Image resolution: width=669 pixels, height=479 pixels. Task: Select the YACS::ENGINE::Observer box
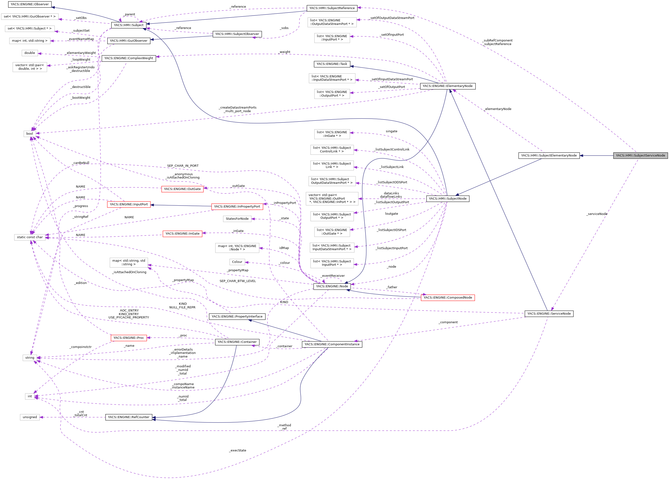pos(29,4)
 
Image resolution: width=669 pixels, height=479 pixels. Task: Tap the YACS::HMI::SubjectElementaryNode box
pos(549,156)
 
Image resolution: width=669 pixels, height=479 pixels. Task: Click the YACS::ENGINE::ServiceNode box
pos(549,313)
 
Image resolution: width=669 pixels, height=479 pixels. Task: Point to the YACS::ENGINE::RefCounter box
pos(129,417)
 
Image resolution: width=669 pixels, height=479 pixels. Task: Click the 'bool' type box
pos(29,134)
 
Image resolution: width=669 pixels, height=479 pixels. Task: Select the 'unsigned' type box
pos(30,417)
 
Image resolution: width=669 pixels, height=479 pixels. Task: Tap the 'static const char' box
pos(30,237)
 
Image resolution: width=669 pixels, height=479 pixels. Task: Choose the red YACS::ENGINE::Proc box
pos(129,338)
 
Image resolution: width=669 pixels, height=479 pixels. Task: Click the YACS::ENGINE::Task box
pos(332,64)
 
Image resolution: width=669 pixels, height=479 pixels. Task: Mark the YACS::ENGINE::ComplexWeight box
pos(129,58)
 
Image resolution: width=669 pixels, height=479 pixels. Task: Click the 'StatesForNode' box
pos(237,219)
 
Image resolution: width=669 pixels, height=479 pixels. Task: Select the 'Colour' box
pos(237,262)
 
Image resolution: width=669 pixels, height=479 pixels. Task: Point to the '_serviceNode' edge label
pos(596,214)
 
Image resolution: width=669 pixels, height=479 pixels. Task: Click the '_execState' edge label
pos(238,450)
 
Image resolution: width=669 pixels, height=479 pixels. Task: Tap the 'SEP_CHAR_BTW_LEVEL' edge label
pos(238,281)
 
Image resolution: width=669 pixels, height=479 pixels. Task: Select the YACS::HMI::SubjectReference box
pos(332,8)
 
